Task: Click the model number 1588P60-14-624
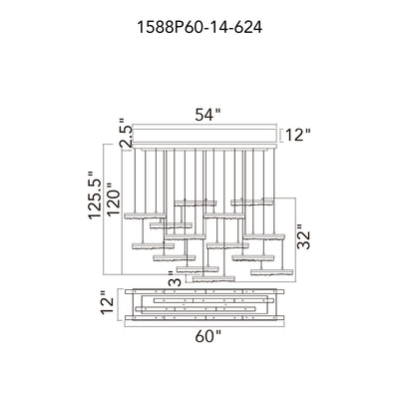tap(199, 28)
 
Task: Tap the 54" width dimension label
tap(207, 115)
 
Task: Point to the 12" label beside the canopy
tap(298, 136)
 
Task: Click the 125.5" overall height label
tap(95, 195)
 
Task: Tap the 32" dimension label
tap(303, 236)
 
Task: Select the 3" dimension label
tap(176, 278)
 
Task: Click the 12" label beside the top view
tap(108, 302)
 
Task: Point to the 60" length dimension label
tap(207, 337)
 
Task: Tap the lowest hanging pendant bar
tap(213, 278)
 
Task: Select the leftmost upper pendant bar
tap(145, 215)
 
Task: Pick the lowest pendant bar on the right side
tap(272, 272)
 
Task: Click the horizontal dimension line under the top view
tap(204, 326)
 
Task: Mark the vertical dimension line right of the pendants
tap(296, 240)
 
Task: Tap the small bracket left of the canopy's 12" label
tap(281, 136)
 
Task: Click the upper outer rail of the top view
tap(204, 291)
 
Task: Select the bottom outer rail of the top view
tap(204, 318)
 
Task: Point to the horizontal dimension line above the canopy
tap(204, 125)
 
